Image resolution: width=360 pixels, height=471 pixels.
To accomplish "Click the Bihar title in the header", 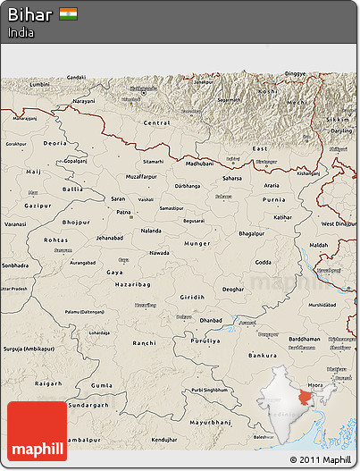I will tap(30, 14).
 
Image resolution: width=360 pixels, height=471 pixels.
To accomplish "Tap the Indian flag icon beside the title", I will tap(68, 13).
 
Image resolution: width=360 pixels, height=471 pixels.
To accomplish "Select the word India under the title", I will tap(21, 32).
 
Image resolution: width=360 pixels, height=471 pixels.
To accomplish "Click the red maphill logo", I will tap(37, 431).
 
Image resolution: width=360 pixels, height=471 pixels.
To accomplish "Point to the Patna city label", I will tap(123, 212).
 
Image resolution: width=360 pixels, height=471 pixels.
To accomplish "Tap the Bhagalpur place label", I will tap(256, 232).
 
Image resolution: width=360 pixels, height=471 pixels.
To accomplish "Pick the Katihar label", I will tap(282, 216).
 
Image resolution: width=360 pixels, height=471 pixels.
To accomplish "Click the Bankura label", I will tap(262, 356).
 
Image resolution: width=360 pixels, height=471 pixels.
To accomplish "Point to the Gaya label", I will tap(114, 272).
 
